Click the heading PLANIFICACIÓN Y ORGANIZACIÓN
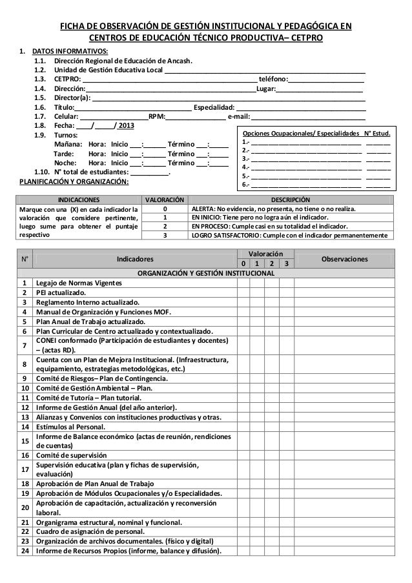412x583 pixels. tap(73, 182)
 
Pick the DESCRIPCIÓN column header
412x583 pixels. tap(289, 200)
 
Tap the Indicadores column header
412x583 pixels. tap(135, 259)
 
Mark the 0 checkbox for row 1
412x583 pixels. tap(243, 283)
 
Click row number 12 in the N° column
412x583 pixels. tap(25, 408)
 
